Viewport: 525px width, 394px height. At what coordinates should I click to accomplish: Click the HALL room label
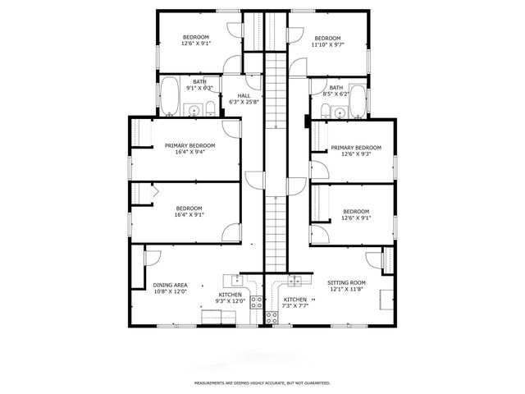[244, 95]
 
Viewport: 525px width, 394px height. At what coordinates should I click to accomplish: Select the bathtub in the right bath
[357, 100]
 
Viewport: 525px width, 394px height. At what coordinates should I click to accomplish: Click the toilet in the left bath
[211, 108]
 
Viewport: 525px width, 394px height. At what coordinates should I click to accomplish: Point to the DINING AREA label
[170, 285]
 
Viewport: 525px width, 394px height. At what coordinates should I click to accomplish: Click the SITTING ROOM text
[346, 282]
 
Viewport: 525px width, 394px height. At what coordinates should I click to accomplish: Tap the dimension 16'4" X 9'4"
[189, 152]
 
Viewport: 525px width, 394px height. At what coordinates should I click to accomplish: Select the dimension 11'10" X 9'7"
[327, 45]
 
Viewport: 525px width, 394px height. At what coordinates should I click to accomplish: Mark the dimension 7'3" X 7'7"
[295, 307]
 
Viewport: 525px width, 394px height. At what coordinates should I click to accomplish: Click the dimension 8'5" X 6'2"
[336, 94]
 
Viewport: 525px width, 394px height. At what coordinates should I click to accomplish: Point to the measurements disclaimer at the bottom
[262, 383]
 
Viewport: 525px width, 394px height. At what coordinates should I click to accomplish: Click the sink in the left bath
[194, 110]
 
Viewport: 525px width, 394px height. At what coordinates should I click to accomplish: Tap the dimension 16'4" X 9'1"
[189, 215]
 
